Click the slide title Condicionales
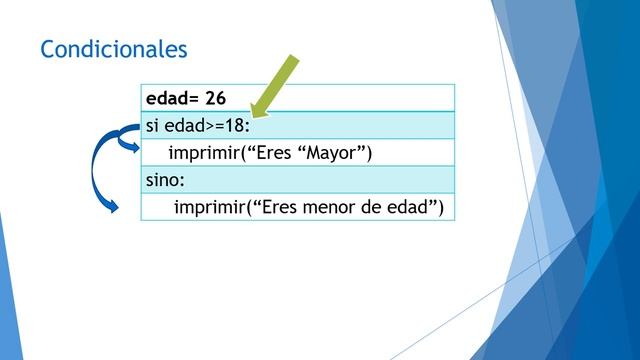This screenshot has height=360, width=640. click(x=113, y=48)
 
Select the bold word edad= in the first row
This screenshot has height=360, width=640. click(x=171, y=98)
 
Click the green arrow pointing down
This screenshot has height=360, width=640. click(x=275, y=87)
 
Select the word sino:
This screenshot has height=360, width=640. click(x=166, y=180)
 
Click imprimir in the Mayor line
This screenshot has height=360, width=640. click(x=207, y=152)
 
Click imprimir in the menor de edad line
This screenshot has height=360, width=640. click(x=212, y=207)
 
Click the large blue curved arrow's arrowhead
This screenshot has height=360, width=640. click(x=113, y=207)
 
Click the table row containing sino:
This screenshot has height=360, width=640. click(x=297, y=180)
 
